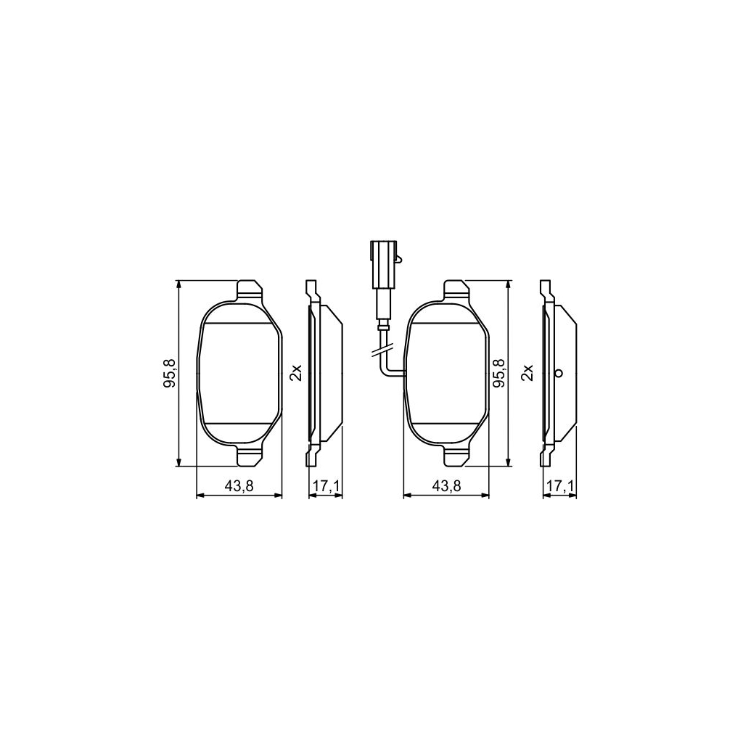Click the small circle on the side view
tap(558, 374)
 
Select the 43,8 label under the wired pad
tap(445, 487)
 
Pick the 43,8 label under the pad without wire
tap(239, 487)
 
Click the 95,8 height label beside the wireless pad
tap(170, 373)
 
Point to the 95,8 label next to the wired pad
tap(499, 373)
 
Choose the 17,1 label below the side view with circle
tap(560, 487)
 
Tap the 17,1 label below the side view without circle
tap(325, 487)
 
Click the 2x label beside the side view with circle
tap(528, 373)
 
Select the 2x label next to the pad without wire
tap(295, 373)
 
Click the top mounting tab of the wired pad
tap(456, 290)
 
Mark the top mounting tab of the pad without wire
tap(250, 290)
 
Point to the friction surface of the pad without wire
tap(239, 373)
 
